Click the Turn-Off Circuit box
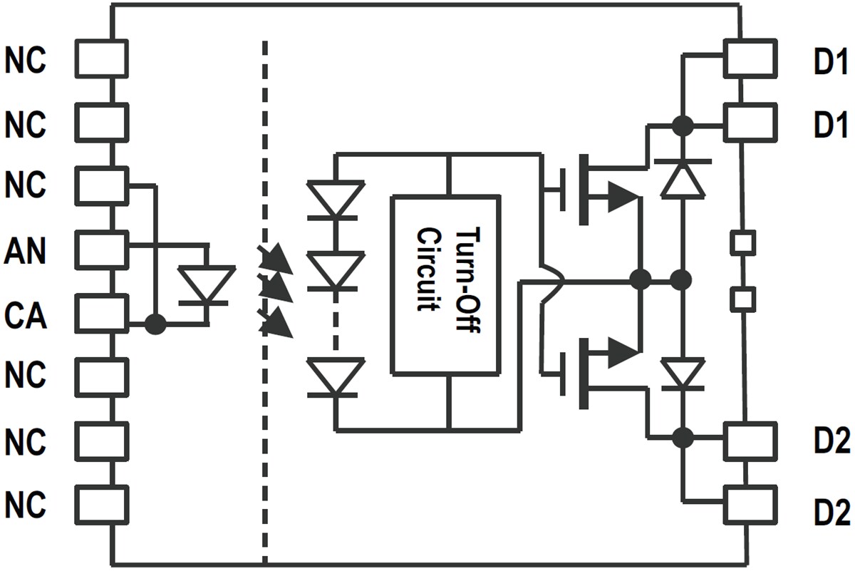pos(445,285)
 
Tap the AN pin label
pos(26,252)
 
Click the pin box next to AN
pos(102,248)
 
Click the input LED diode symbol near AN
pos(206,285)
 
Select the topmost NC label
pos(26,61)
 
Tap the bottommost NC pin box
pos(102,504)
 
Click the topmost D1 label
pos(831,63)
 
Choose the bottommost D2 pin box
pos(750,504)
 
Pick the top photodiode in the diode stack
pos(336,199)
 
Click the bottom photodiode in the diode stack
pos(336,376)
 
